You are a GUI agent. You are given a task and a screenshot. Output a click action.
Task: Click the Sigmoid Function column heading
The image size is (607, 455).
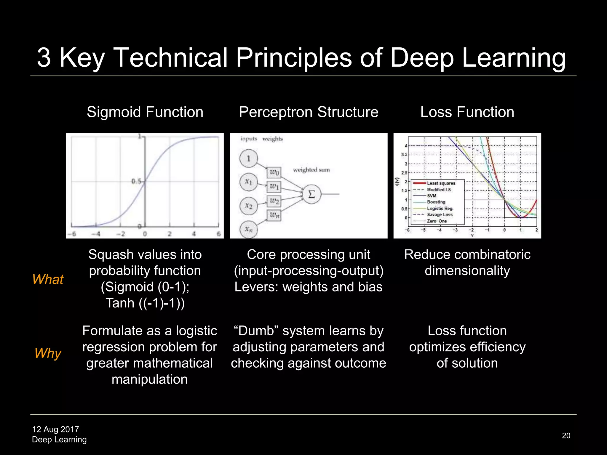pos(145,112)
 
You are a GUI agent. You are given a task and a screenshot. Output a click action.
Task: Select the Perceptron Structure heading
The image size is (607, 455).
pos(309,112)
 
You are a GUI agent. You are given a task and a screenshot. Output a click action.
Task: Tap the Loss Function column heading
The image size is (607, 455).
pos(467,112)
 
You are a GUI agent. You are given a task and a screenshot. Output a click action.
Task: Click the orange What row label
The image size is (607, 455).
pos(48,279)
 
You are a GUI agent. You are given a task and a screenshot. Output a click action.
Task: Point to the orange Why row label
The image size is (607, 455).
pos(48,353)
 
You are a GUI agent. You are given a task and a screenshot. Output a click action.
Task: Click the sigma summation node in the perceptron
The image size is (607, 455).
pos(312,194)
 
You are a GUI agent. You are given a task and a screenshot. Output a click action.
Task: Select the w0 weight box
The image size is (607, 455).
pos(274,172)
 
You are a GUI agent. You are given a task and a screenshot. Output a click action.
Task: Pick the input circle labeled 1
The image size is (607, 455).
pos(249,158)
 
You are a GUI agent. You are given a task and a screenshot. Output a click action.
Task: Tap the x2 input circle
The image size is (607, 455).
pos(249,206)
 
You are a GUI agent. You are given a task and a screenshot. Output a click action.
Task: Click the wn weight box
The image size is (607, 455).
pos(274,215)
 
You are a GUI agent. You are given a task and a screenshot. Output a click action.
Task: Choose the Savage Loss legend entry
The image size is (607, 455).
pos(440,214)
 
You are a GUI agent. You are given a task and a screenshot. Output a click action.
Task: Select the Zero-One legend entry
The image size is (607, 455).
pos(437,221)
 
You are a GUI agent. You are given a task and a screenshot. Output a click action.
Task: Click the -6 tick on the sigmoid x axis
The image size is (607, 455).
pos(72,234)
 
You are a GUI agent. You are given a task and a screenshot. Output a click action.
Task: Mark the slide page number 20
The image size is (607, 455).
pos(566,435)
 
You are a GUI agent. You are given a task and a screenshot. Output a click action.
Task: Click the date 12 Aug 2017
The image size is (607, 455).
pos(55,429)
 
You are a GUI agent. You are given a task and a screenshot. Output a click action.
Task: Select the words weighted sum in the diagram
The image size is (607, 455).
pos(311,170)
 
